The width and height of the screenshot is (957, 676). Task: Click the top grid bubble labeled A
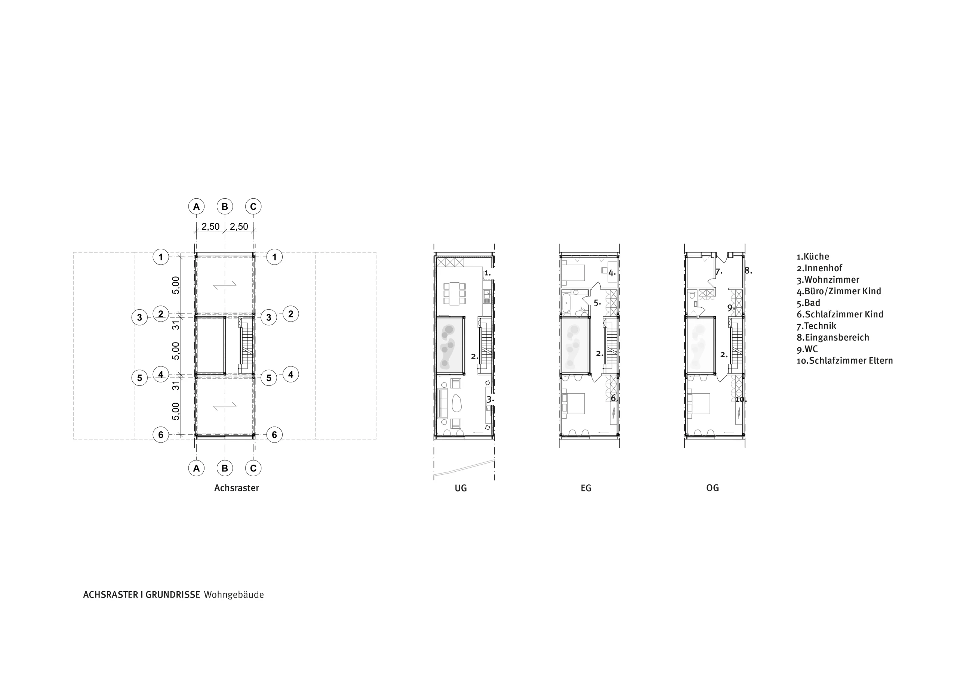click(196, 207)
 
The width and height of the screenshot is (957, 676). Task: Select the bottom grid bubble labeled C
click(253, 468)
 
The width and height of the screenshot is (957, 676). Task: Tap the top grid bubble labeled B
click(225, 207)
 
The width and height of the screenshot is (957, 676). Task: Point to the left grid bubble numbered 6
click(161, 435)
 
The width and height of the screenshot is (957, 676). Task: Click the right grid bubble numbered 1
click(274, 257)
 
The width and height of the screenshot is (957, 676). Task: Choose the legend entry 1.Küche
click(812, 257)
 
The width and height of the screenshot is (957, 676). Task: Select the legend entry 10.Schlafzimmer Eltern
click(844, 361)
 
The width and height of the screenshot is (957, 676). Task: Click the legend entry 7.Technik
click(816, 326)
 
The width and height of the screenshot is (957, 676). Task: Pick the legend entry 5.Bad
click(808, 303)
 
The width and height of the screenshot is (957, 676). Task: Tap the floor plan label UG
click(461, 488)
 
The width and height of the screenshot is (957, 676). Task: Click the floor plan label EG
click(586, 488)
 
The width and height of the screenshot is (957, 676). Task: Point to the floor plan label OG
click(713, 488)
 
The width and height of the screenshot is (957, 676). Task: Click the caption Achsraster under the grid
click(236, 488)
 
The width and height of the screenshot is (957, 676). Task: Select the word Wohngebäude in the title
click(234, 595)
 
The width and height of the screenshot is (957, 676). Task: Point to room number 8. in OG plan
click(748, 271)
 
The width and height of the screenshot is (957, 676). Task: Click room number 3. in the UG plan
click(490, 399)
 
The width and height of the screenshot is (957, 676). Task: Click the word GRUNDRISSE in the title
click(173, 595)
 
